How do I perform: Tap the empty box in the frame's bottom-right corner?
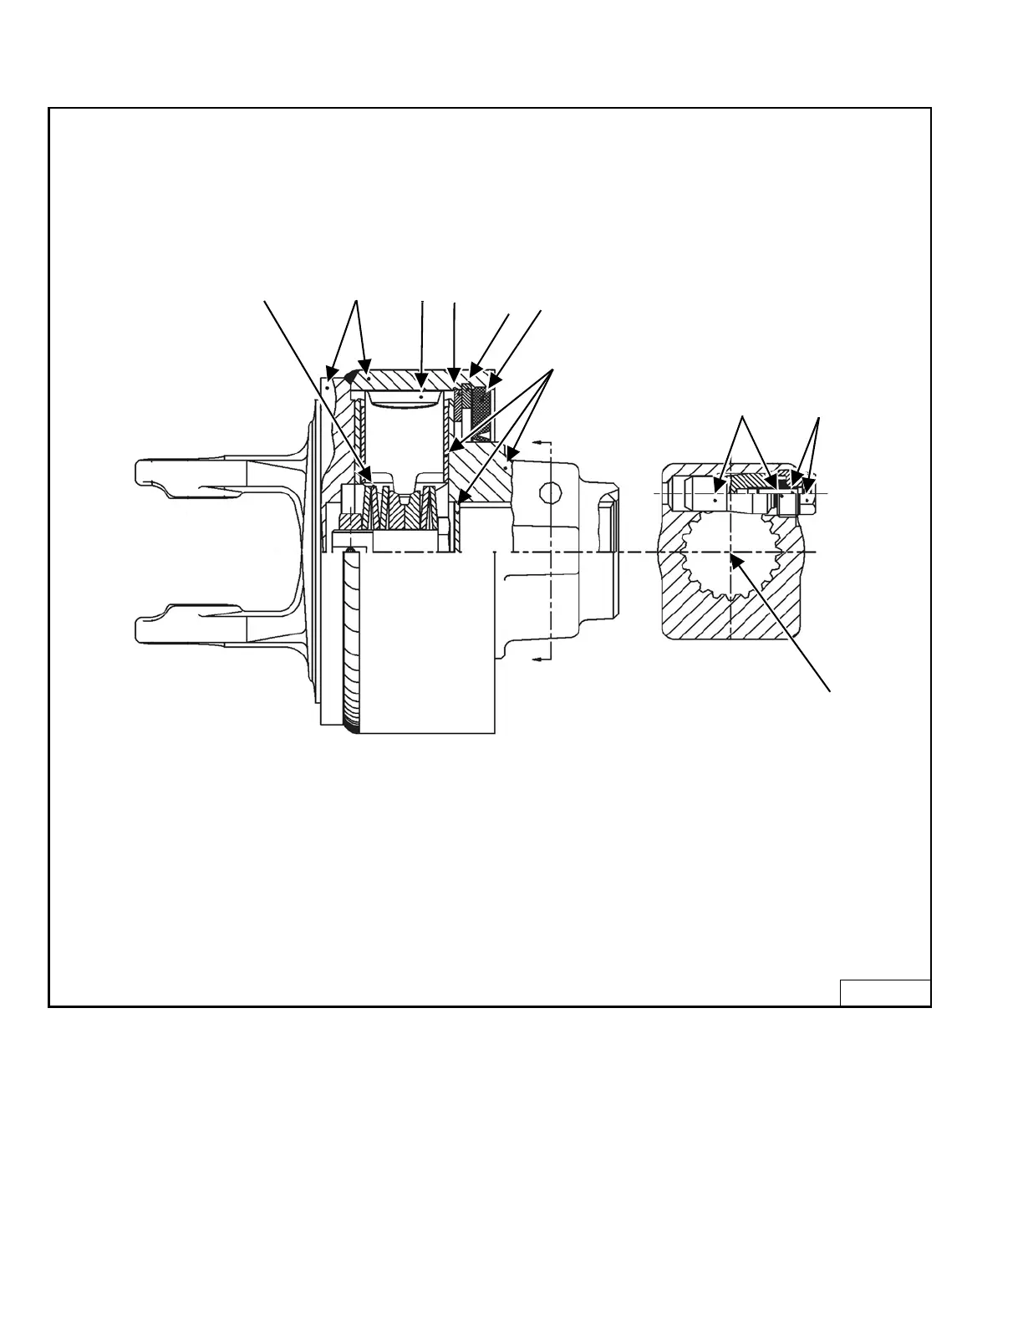(885, 992)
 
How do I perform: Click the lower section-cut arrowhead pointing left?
(539, 659)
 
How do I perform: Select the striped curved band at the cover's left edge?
(352, 644)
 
